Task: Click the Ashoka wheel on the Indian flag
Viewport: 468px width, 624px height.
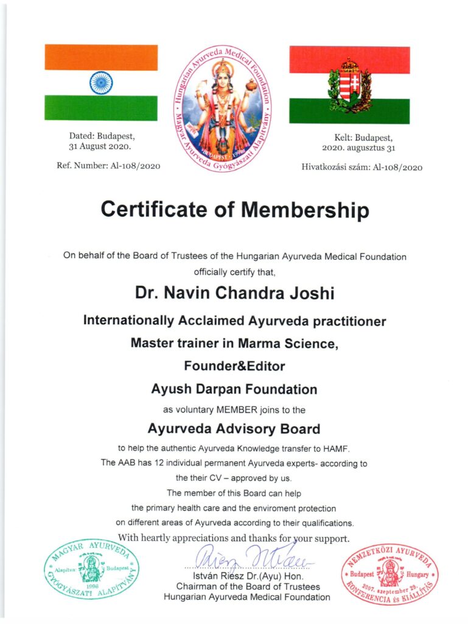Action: [101, 83]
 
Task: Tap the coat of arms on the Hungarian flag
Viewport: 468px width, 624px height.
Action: [349, 85]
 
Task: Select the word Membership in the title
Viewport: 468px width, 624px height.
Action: [305, 210]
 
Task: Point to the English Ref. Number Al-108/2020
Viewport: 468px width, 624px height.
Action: [114, 166]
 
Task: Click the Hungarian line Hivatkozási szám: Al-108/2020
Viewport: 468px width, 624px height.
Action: [361, 167]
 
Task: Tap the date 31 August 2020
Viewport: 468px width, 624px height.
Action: [100, 147]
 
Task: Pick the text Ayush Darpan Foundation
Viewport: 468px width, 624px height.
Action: [234, 388]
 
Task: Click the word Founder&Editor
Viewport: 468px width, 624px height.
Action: [234, 366]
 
